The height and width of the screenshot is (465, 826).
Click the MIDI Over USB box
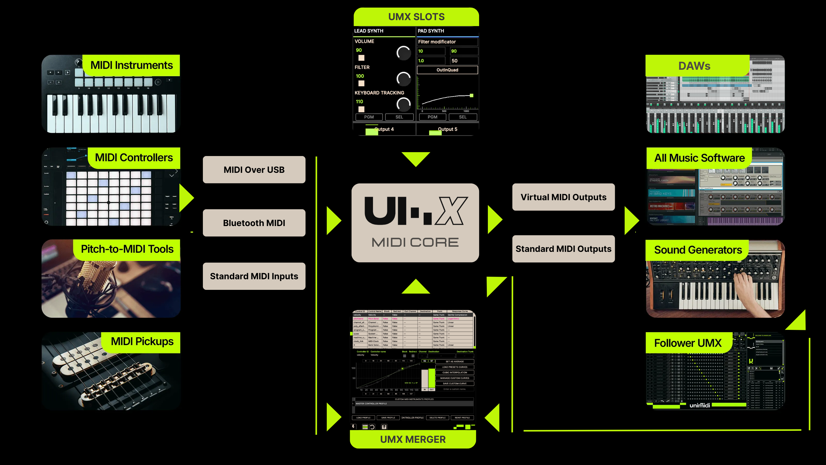(x=254, y=170)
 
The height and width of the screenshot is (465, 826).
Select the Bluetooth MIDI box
(x=254, y=223)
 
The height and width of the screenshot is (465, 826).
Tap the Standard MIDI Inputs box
(x=254, y=276)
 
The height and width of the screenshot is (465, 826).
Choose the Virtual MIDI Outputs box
(x=563, y=197)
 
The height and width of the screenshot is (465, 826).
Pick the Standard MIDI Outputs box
(x=563, y=249)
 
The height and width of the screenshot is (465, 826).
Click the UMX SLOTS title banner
(x=416, y=17)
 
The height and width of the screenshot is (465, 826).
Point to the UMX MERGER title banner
(x=413, y=439)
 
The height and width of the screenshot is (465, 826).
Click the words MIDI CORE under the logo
(x=415, y=242)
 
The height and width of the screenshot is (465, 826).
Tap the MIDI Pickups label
(x=142, y=342)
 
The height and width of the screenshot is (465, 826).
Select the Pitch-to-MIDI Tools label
(x=127, y=249)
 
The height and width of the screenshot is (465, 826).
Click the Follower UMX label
(x=688, y=343)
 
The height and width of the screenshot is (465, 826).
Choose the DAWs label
(x=694, y=66)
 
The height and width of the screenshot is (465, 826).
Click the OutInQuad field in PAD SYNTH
(x=447, y=70)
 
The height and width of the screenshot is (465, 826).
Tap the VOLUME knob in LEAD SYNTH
(x=403, y=53)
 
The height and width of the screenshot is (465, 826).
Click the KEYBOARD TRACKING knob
(x=403, y=104)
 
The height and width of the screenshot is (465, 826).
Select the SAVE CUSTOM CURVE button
(x=454, y=383)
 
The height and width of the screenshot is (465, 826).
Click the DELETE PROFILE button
(x=437, y=417)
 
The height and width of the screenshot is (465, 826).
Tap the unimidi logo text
(x=700, y=405)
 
